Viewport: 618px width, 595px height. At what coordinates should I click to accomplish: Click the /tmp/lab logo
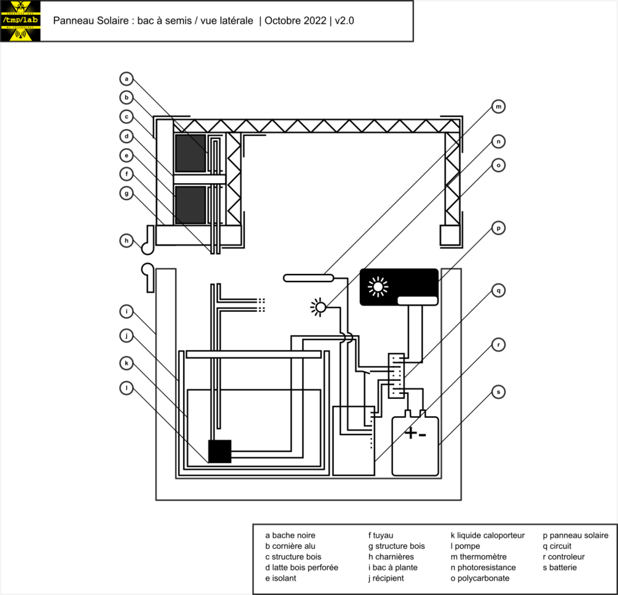[x=20, y=21]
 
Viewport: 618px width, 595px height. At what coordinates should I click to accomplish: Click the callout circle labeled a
[x=127, y=79]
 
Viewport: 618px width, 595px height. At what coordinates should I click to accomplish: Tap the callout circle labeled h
[x=127, y=241]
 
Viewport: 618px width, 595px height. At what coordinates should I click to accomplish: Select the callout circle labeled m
[x=499, y=107]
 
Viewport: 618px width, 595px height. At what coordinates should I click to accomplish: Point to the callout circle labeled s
[x=499, y=392]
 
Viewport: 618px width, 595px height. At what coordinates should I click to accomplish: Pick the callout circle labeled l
[x=127, y=388]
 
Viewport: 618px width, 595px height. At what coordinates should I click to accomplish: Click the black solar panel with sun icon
[x=399, y=287]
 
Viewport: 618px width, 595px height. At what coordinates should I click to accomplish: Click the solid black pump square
[x=219, y=451]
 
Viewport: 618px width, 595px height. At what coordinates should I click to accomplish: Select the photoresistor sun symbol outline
[x=320, y=307]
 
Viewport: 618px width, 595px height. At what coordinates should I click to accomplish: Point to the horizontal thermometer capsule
[x=308, y=278]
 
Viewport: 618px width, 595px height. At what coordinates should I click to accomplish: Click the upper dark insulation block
[x=190, y=154]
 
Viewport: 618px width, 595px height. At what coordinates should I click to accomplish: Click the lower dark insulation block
[x=190, y=205]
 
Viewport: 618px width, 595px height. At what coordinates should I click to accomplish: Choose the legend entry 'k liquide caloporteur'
[x=488, y=536]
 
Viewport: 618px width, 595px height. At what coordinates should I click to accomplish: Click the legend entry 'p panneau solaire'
[x=575, y=536]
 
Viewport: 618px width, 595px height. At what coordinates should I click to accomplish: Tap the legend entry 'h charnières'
[x=391, y=557]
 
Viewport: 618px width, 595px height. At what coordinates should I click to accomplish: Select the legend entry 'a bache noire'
[x=290, y=536]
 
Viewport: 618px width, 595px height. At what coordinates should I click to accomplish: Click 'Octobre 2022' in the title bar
[x=295, y=21]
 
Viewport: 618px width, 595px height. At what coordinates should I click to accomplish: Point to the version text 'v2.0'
[x=344, y=21]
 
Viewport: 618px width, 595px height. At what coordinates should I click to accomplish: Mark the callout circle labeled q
[x=499, y=291]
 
